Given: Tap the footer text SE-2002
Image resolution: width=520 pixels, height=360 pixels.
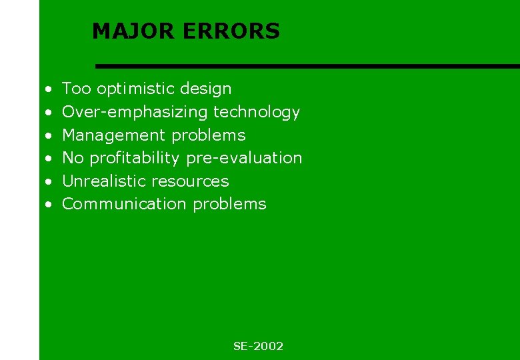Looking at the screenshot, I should (258, 346).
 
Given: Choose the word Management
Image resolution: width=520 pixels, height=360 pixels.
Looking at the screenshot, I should (115, 135).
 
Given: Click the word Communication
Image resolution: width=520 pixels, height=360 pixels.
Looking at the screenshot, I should (124, 204).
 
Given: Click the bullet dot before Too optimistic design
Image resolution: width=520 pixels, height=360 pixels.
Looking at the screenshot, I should (49, 89).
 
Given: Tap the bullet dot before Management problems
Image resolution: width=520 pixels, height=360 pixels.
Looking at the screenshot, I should (49, 135).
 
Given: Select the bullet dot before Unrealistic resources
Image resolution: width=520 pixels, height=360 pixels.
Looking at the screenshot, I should (49, 181).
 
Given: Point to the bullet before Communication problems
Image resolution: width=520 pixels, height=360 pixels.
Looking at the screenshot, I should (49, 204).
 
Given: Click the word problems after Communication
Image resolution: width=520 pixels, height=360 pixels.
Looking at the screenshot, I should (229, 205).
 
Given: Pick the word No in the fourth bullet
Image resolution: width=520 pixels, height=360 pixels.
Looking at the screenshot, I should (73, 158).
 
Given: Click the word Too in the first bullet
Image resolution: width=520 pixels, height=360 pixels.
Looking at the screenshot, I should (77, 89).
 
